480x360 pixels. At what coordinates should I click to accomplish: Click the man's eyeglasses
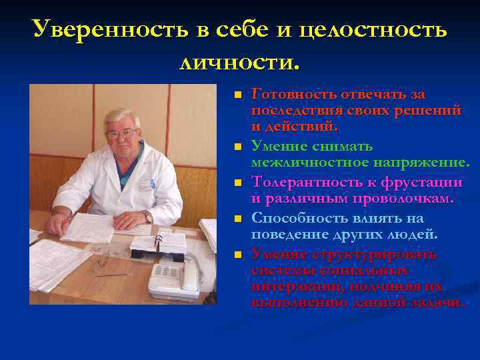[121, 134]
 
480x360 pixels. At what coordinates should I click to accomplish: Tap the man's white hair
[123, 116]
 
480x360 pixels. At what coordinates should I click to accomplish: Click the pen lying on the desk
[110, 274]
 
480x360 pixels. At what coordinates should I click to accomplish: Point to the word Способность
[300, 218]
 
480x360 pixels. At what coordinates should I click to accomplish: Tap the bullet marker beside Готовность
[237, 95]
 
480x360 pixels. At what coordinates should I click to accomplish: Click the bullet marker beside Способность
[237, 219]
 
